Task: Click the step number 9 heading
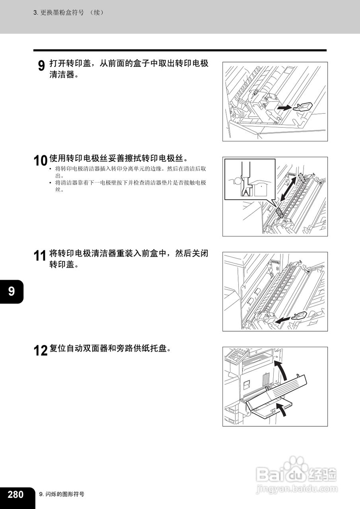tap(41, 66)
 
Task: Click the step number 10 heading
tap(41, 161)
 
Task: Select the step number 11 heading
tap(41, 256)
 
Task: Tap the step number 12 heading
tap(41, 351)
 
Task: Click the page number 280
tap(16, 494)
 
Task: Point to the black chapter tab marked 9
tap(12, 291)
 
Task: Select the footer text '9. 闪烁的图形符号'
tap(62, 494)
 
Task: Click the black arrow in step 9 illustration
tap(284, 108)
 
